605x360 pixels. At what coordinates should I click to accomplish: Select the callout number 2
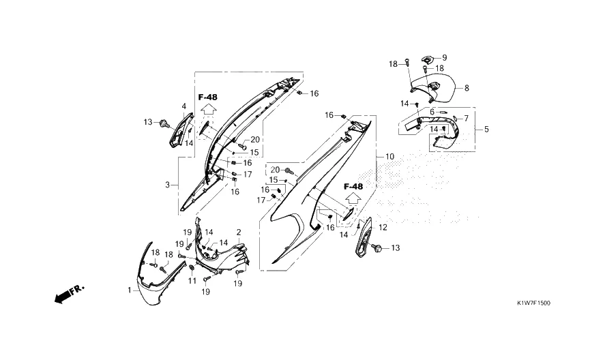(239, 232)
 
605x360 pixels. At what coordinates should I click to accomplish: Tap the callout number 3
(167, 185)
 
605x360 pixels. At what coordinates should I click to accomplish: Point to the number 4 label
(183, 106)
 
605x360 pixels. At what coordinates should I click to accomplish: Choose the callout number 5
(486, 128)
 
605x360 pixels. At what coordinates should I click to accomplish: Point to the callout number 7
(466, 118)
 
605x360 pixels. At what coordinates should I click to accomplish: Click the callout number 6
(431, 112)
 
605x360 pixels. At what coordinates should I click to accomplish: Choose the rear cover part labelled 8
(437, 88)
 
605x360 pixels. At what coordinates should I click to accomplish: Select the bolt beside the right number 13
(378, 247)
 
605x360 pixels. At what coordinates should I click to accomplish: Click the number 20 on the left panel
(255, 140)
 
